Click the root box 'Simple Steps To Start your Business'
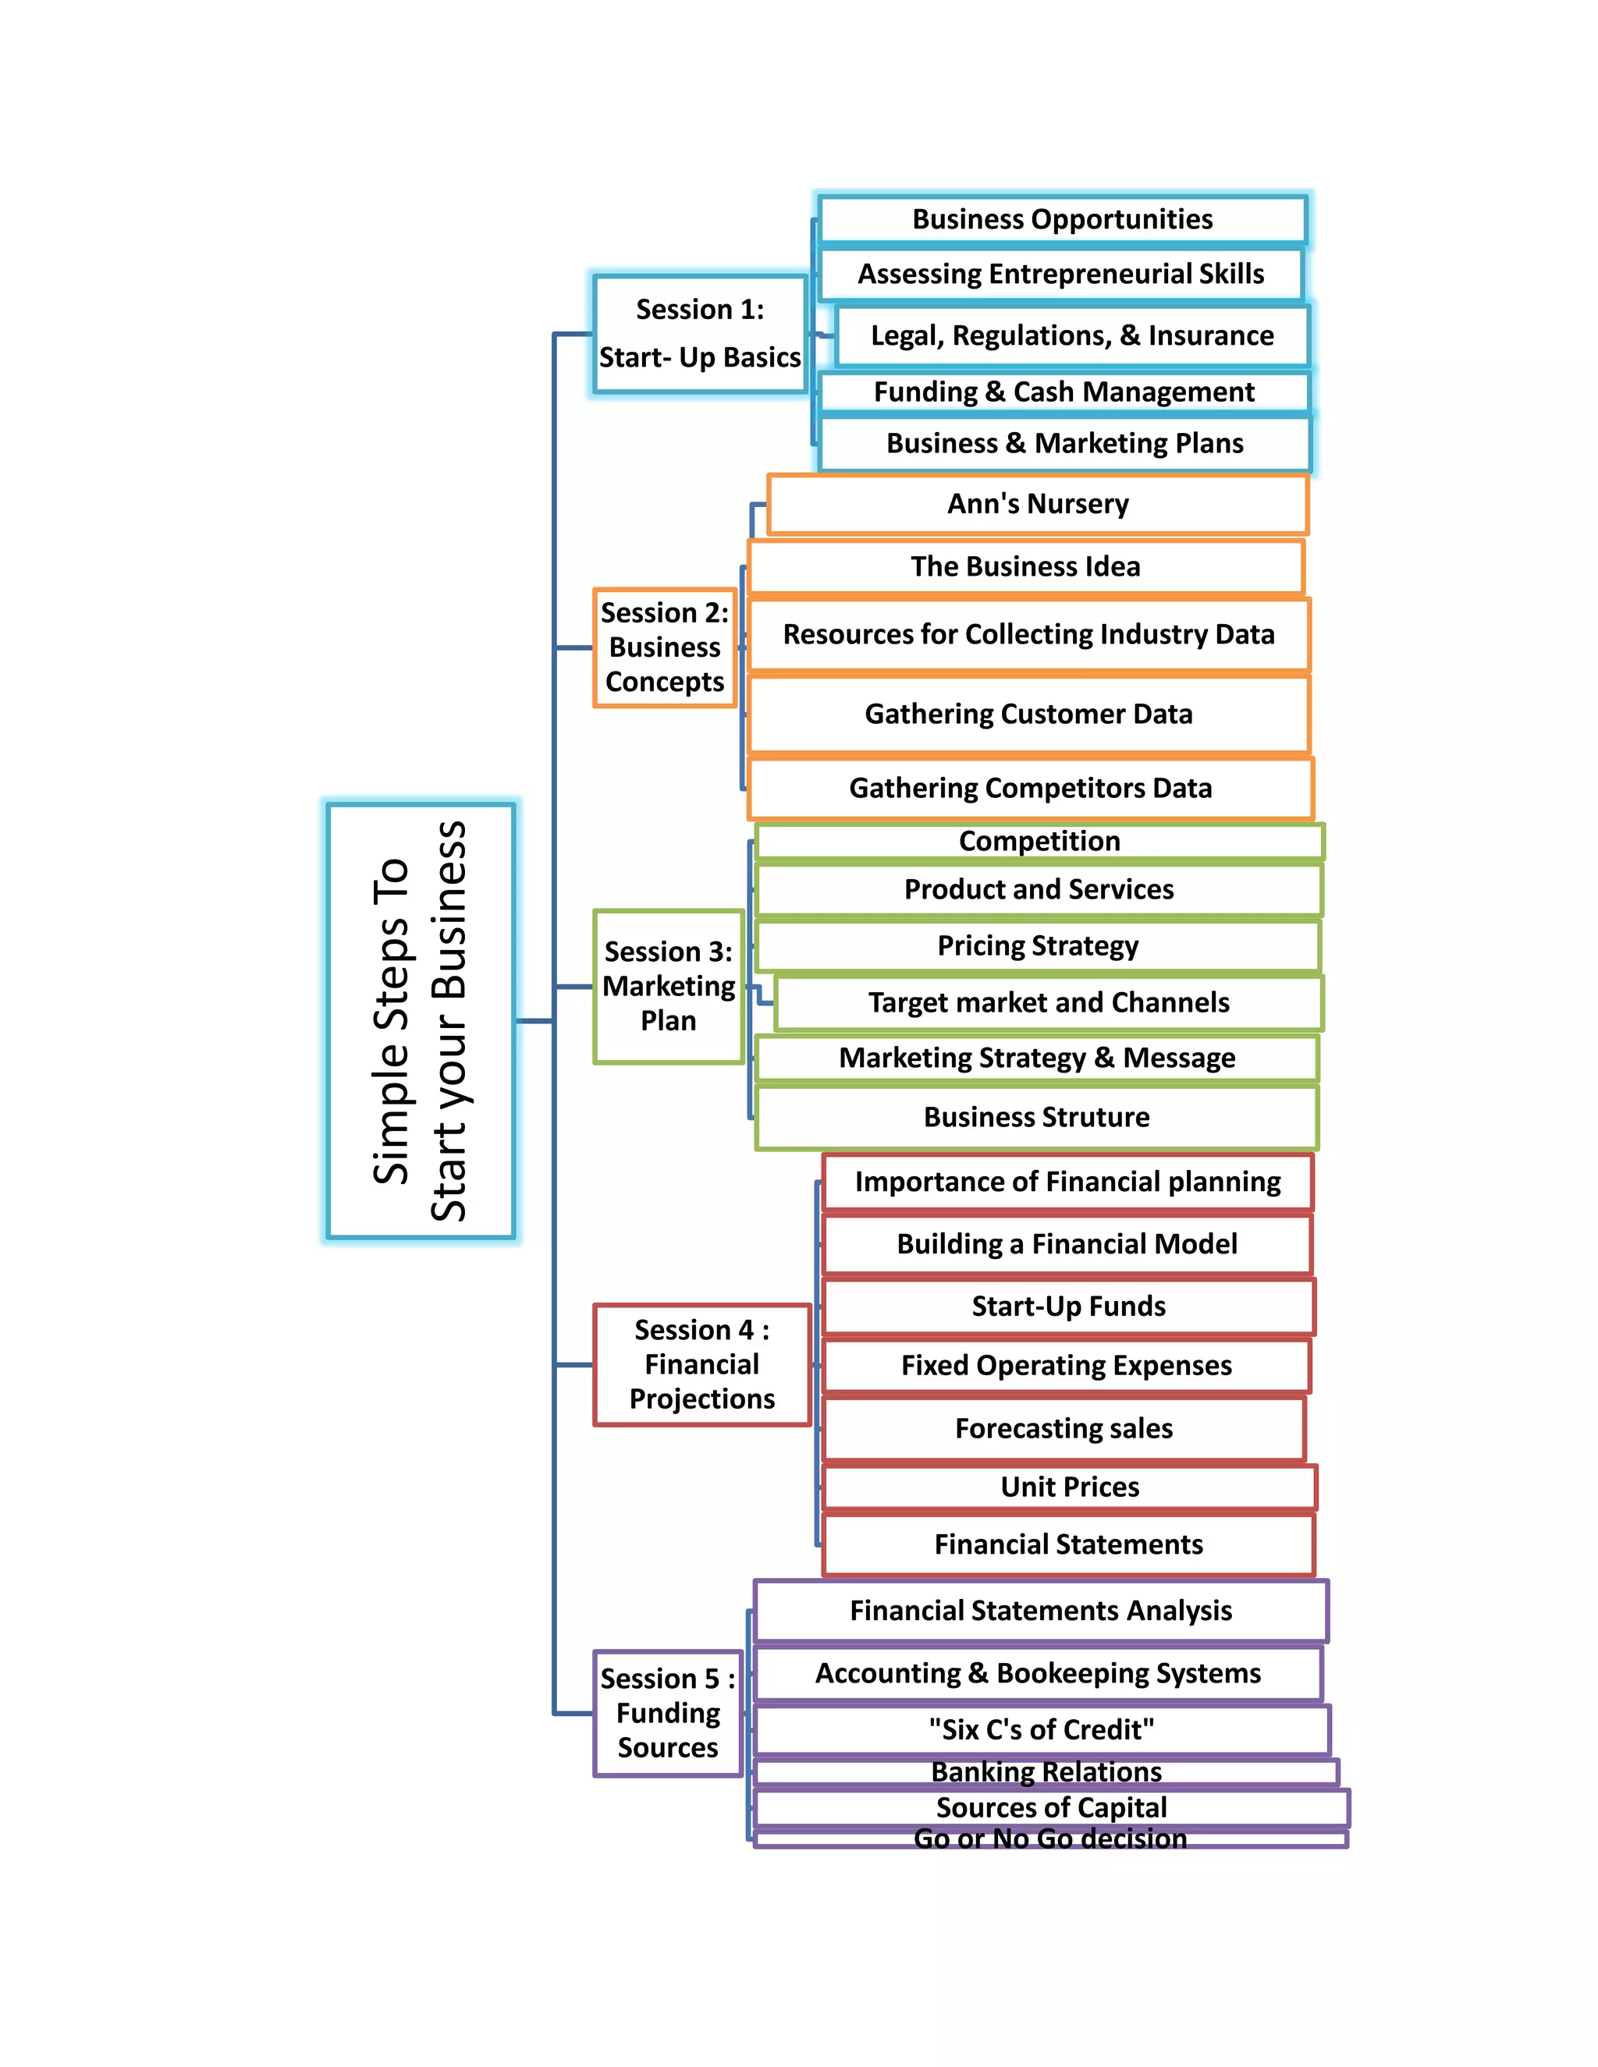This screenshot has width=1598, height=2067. click(421, 1020)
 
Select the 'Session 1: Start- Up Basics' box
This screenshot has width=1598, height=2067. click(700, 333)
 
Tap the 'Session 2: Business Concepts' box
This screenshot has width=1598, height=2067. click(665, 647)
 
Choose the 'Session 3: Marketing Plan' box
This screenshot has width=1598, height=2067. click(669, 986)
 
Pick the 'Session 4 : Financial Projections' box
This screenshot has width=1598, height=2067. click(701, 1363)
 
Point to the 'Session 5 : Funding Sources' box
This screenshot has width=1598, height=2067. click(667, 1713)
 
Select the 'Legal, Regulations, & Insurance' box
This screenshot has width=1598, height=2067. click(1071, 336)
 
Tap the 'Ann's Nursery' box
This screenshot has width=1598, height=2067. click(1038, 505)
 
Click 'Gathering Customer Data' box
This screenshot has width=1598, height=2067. click(1028, 714)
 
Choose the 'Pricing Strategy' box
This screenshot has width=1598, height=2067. click(1038, 945)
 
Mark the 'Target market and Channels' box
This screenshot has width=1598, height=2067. click(1049, 1002)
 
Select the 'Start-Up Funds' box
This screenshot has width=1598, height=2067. click(1068, 1306)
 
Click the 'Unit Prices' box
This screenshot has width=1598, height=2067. click(1070, 1487)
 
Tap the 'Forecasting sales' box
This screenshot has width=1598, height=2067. click(1064, 1428)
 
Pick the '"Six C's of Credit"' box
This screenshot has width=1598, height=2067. click(1042, 1730)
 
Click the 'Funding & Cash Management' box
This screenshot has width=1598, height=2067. click(1064, 392)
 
